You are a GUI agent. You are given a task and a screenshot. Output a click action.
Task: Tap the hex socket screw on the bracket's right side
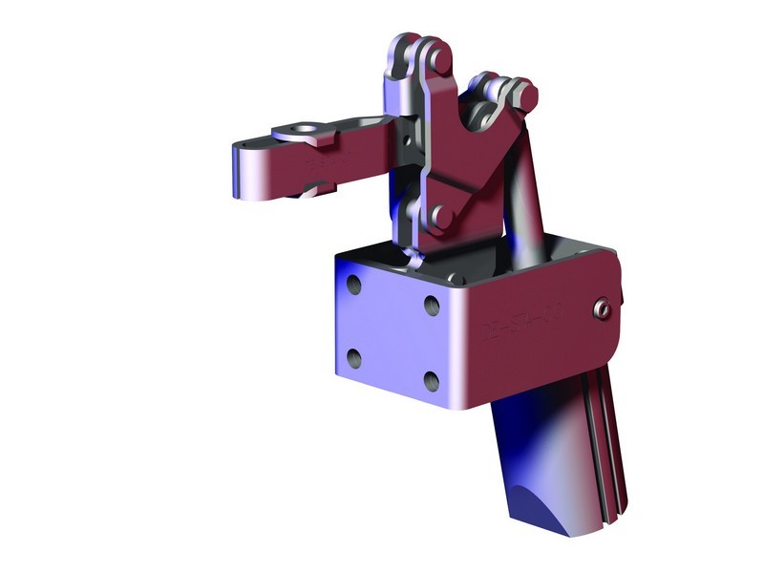point(602,308)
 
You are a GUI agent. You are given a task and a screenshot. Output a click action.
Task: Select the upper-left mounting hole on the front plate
point(355,286)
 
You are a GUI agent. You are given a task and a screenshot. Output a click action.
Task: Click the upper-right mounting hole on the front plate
point(431,306)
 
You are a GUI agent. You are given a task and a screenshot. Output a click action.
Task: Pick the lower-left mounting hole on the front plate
point(354,358)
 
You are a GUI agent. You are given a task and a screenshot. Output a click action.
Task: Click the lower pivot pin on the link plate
point(441,216)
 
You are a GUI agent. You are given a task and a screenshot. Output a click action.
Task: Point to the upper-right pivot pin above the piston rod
point(520,95)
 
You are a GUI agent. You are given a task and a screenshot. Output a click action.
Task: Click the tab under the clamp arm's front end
point(320,187)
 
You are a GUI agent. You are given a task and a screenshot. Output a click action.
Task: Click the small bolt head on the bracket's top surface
point(456,280)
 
